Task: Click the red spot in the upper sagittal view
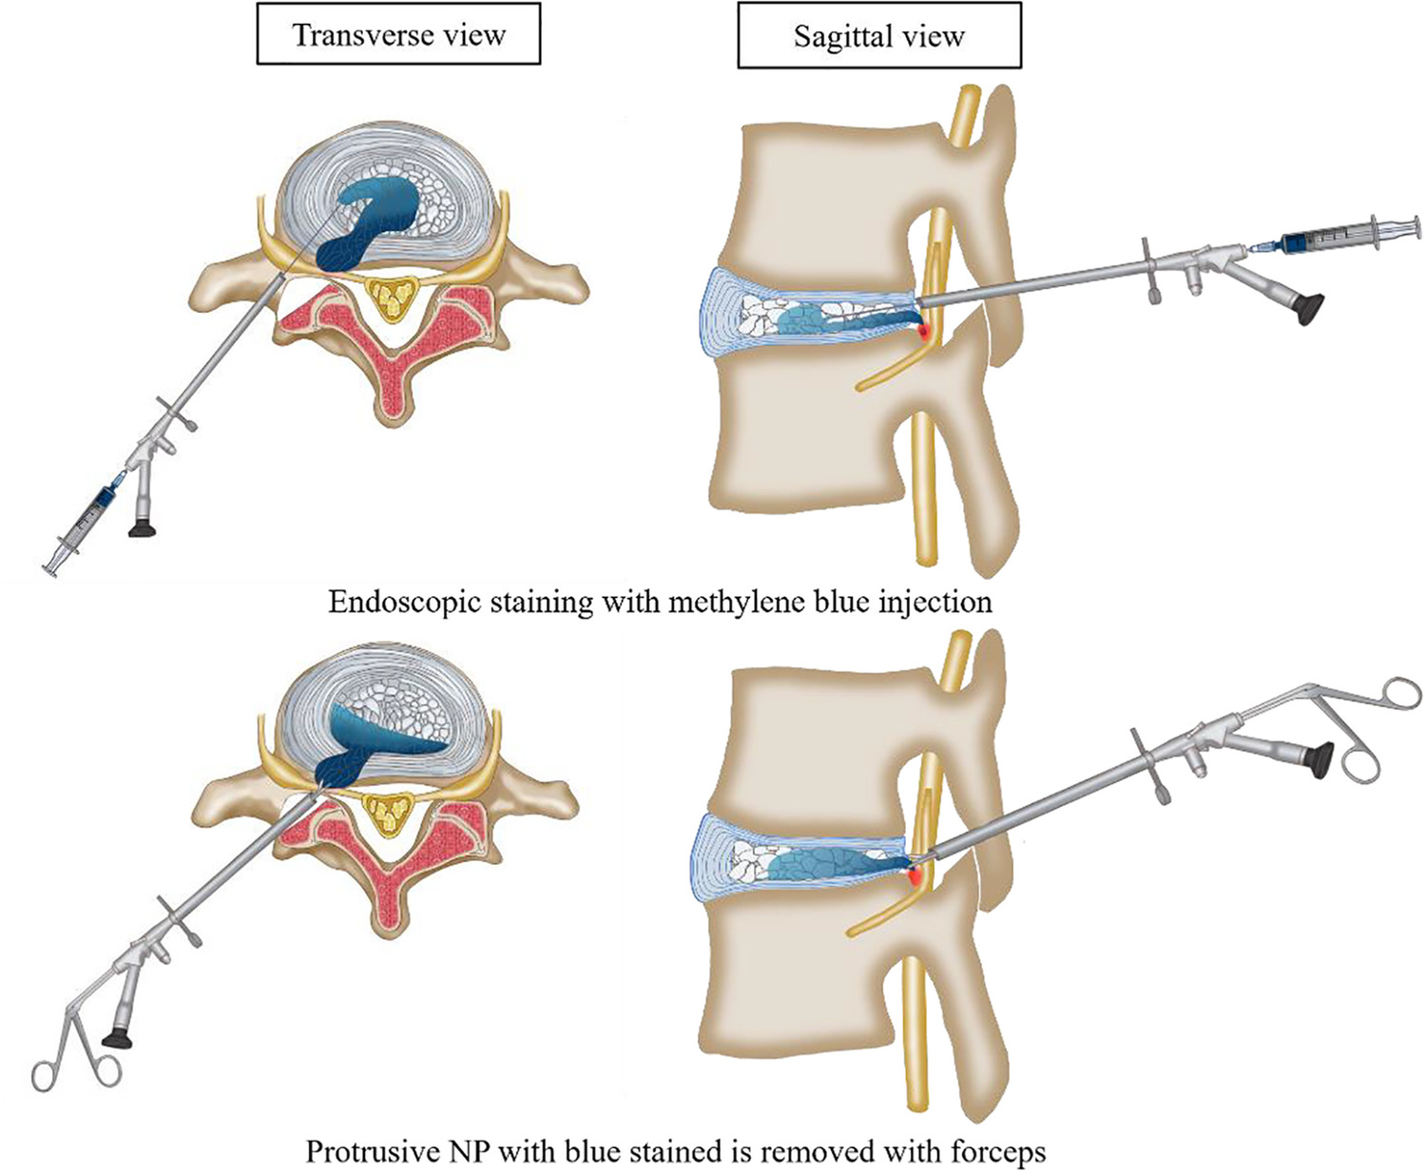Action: (924, 331)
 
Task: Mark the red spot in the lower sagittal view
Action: (917, 877)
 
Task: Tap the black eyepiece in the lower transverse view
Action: (117, 1036)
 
